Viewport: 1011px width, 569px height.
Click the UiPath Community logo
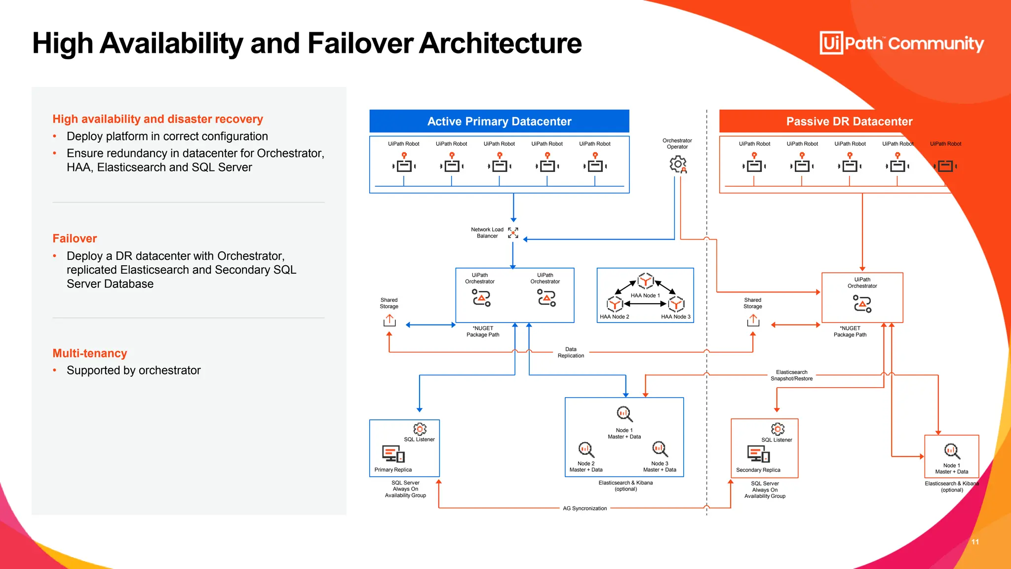(901, 43)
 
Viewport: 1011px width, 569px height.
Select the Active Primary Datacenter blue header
(499, 122)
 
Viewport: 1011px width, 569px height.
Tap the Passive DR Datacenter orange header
(849, 122)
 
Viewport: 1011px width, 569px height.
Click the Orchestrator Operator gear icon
(678, 164)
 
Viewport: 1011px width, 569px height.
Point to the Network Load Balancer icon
(513, 233)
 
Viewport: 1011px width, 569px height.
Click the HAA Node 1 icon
(645, 281)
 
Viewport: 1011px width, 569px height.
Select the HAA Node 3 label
(675, 317)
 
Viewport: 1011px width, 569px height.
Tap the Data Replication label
(571, 352)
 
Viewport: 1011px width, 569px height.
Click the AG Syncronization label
(584, 508)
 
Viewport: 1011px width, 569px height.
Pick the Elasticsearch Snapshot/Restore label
(791, 375)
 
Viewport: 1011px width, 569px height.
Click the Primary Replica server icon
(393, 453)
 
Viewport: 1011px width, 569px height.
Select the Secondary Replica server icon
(758, 453)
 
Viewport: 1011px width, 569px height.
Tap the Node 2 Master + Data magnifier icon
(586, 449)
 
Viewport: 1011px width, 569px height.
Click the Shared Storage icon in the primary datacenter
(389, 321)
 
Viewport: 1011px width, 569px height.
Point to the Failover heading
(75, 239)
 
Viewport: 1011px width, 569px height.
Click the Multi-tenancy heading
(90, 353)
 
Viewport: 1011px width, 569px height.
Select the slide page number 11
(975, 542)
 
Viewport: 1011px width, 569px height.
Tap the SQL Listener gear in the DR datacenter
(778, 429)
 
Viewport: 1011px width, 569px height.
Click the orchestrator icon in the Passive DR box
(862, 304)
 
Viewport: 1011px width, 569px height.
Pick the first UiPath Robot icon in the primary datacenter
(404, 163)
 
